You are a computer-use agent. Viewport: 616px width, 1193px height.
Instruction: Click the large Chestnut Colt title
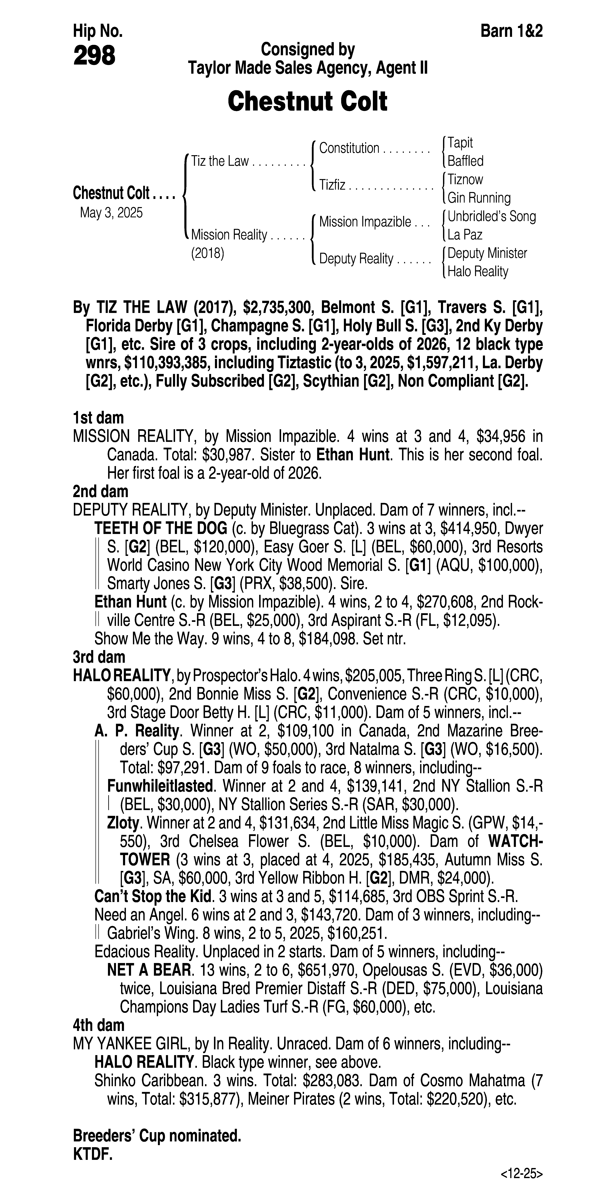(308, 101)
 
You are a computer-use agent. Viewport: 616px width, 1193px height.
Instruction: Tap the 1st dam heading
(98, 418)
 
